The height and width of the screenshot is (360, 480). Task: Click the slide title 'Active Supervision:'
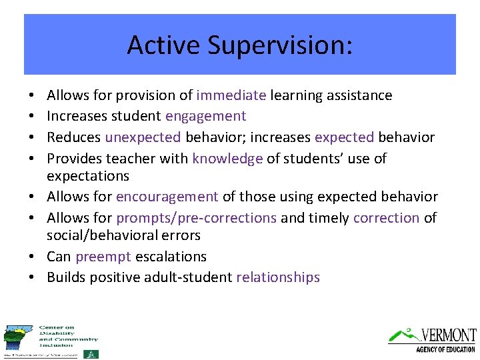(239, 45)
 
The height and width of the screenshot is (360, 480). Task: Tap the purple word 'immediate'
(231, 95)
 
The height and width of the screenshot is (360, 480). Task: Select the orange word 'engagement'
(206, 117)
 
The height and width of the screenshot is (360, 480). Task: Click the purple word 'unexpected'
(143, 137)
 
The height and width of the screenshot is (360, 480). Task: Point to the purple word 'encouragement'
(167, 197)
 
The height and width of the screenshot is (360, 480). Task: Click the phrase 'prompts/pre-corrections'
(196, 218)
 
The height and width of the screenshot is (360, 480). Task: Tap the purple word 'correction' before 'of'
(387, 218)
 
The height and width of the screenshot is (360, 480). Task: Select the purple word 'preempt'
(103, 257)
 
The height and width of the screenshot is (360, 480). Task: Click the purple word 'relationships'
(278, 277)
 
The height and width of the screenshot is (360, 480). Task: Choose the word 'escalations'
(171, 257)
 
